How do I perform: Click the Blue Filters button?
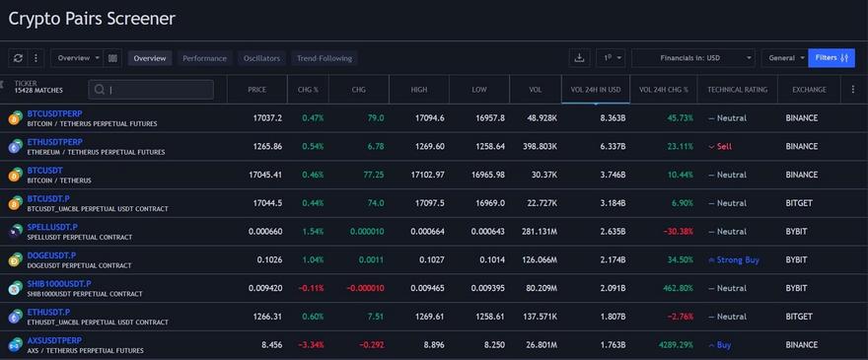pos(831,58)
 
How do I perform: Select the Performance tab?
pos(204,58)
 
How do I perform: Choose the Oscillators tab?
pos(261,58)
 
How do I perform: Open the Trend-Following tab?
pos(325,58)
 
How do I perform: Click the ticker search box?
pos(150,90)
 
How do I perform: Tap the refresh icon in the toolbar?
pos(18,58)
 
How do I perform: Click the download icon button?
pos(580,58)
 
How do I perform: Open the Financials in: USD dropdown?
pos(692,58)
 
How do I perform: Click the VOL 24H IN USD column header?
pos(595,90)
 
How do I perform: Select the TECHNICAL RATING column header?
pos(737,90)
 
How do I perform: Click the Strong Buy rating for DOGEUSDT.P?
pos(739,260)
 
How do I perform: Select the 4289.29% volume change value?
pos(669,345)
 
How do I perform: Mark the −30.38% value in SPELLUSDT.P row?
pos(677,232)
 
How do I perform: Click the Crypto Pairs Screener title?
pos(92,18)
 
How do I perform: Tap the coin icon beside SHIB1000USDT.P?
pos(15,289)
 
